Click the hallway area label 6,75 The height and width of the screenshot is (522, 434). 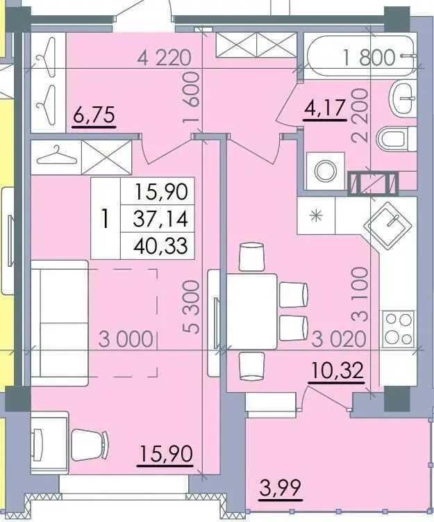coord(94,115)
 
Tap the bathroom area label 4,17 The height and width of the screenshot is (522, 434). coord(324,108)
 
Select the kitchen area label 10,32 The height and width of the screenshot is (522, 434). coord(336,371)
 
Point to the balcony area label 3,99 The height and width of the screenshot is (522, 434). coord(281,487)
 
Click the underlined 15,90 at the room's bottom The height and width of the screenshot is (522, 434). coord(166,453)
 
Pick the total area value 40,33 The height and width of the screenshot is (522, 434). coord(160,246)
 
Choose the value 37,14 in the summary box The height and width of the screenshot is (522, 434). coord(160,220)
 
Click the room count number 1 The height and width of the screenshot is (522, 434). coord(105,219)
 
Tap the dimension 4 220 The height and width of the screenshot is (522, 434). coord(165,57)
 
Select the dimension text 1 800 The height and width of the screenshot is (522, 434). coord(369,57)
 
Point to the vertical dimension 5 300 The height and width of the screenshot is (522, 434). coord(191,307)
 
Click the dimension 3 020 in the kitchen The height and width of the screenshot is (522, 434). coord(339,339)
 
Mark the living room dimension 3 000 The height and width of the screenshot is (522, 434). coord(126,339)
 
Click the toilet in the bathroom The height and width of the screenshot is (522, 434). coord(397,139)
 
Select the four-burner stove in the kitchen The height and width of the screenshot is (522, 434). coord(399,329)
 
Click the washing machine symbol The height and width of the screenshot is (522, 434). coord(325,171)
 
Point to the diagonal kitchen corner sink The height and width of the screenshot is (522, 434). coord(388,226)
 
